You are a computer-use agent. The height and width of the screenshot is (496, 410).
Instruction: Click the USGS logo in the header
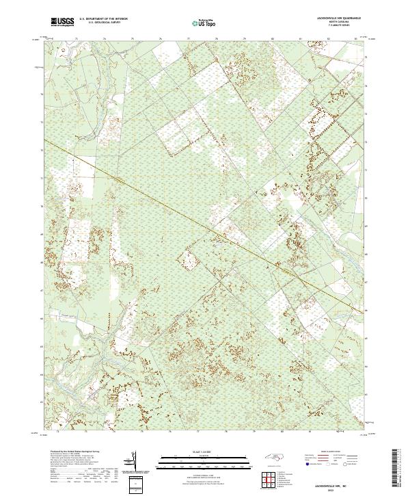[x=62, y=22]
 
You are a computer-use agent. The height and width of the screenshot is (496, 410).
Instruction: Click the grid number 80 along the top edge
[x=273, y=39]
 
